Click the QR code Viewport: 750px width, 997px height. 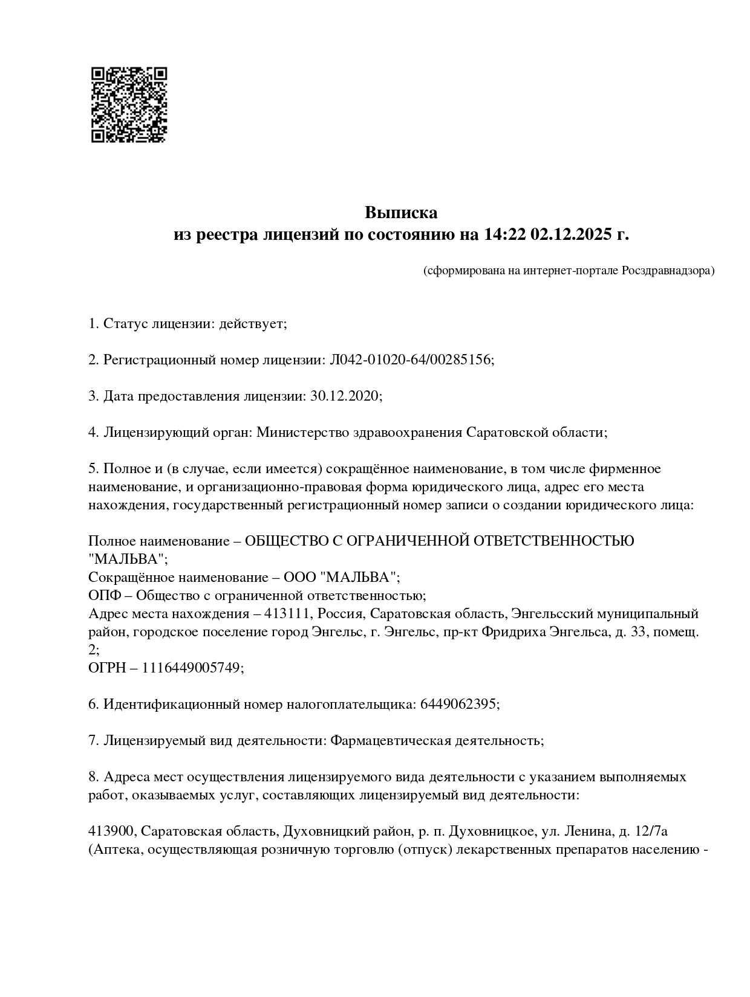[x=129, y=105]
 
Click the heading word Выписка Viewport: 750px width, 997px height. [x=400, y=213]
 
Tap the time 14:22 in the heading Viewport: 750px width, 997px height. [x=504, y=234]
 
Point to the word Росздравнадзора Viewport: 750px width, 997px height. [x=667, y=270]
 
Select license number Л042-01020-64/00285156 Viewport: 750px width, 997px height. [x=411, y=360]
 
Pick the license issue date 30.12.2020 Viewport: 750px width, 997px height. [x=344, y=396]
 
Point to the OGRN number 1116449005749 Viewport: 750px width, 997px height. [x=192, y=668]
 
